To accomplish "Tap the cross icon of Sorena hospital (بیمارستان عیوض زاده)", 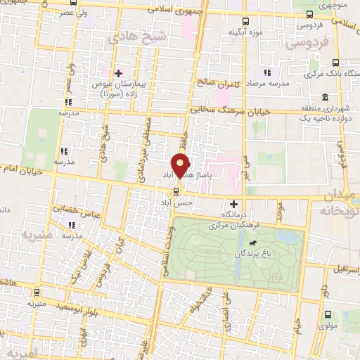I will [118, 72].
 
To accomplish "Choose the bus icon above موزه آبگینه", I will [245, 21].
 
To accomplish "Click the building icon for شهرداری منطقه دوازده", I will [324, 97].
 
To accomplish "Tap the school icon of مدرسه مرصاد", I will [266, 72].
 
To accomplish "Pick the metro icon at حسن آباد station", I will [176, 190].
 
